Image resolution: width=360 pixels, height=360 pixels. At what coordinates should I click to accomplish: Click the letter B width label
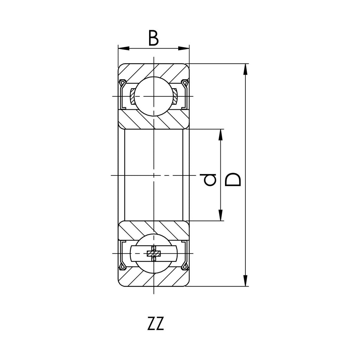(x=154, y=38)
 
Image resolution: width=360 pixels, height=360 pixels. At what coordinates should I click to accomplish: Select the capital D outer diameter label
(x=233, y=179)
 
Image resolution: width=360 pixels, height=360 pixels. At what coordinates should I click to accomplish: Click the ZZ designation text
(x=156, y=323)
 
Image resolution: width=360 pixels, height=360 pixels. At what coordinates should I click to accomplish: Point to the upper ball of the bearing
(x=153, y=96)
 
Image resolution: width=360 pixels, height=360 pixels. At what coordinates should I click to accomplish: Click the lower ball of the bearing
(x=153, y=253)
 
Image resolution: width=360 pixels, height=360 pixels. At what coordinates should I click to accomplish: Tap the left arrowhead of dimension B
(x=123, y=49)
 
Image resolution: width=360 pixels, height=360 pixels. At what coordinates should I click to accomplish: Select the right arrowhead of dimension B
(x=184, y=49)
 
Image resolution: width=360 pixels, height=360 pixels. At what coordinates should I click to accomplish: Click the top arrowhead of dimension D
(x=245, y=69)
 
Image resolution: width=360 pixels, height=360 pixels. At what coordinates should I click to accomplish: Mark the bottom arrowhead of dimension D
(x=245, y=281)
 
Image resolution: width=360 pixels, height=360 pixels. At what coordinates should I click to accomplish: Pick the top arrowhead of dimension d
(x=220, y=135)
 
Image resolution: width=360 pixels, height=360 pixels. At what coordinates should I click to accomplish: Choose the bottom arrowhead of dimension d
(x=220, y=215)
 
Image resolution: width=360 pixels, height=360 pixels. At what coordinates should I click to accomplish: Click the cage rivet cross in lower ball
(x=154, y=253)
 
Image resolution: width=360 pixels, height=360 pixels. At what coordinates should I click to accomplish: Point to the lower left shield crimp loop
(x=122, y=266)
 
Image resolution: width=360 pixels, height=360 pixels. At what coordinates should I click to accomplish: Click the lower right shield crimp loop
(x=185, y=266)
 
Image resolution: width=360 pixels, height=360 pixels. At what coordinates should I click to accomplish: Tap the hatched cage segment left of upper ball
(x=132, y=96)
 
